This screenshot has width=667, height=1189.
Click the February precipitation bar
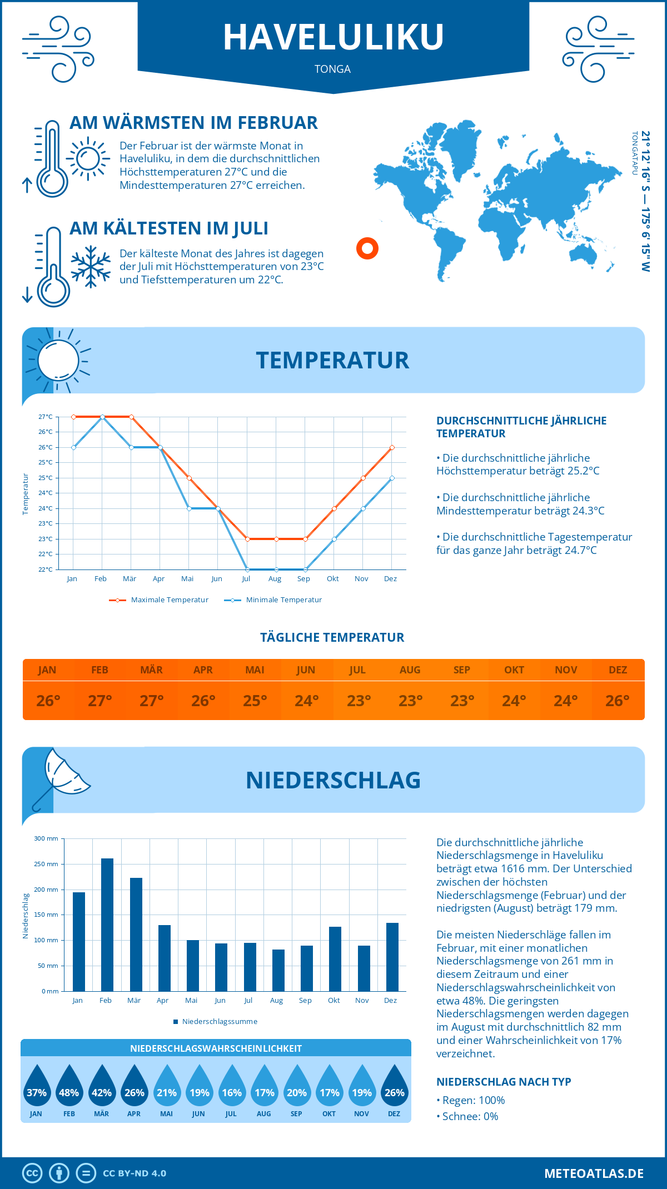coord(107,925)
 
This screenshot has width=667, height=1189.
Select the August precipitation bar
coord(278,970)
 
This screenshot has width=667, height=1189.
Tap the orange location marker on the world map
coord(367,248)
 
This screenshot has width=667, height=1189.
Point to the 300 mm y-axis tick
coord(47,838)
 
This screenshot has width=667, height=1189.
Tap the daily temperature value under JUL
coord(359,701)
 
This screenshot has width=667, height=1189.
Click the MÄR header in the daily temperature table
coord(151,670)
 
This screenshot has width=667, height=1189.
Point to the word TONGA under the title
coord(332,69)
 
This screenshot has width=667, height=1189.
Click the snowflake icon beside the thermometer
coord(91,267)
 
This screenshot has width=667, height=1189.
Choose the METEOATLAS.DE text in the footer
coord(594,1173)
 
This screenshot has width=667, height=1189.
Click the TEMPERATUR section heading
coord(332,360)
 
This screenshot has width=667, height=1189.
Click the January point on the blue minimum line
coord(73,447)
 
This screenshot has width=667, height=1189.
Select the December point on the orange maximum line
coord(392,447)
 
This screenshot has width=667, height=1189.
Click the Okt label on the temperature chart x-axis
coord(332,579)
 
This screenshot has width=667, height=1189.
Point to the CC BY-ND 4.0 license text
coord(135,1173)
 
